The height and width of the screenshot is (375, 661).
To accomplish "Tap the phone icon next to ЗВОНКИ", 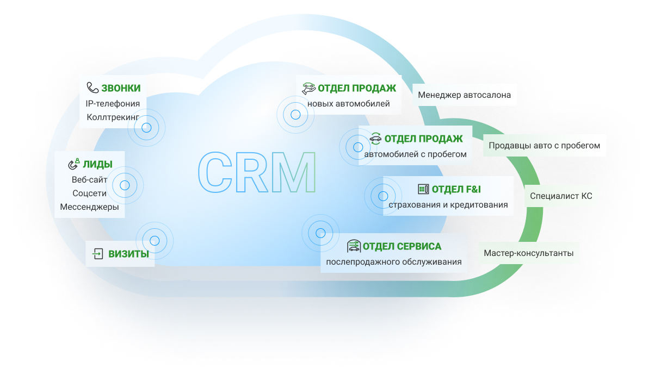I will [92, 88].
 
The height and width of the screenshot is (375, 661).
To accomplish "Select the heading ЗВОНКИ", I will [121, 88].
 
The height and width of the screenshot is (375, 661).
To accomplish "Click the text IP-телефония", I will [113, 103].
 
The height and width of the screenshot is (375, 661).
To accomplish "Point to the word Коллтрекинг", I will [113, 117].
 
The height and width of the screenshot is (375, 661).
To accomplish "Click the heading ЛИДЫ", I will [97, 164].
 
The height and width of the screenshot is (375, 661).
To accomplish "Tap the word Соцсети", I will [89, 193].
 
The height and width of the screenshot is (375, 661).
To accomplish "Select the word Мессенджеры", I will [89, 207].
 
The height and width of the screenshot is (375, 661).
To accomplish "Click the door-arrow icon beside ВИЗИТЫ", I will [98, 253].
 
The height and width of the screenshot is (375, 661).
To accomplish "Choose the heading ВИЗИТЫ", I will [128, 253].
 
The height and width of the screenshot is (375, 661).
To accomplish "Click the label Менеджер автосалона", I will [464, 95].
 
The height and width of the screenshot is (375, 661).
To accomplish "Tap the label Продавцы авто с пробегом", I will [544, 146].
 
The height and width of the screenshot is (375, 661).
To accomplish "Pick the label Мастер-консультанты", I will [528, 253].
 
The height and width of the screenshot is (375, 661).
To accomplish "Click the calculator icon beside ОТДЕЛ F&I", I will [423, 189].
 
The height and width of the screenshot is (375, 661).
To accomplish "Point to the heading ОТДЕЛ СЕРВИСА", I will [402, 246].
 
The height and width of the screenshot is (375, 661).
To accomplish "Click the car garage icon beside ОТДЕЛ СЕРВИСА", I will [354, 246].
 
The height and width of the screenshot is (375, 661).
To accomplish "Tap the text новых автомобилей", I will [348, 103].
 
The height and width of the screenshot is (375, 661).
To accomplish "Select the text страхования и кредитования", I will [448, 205].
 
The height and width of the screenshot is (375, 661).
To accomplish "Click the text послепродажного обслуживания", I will [394, 262].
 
